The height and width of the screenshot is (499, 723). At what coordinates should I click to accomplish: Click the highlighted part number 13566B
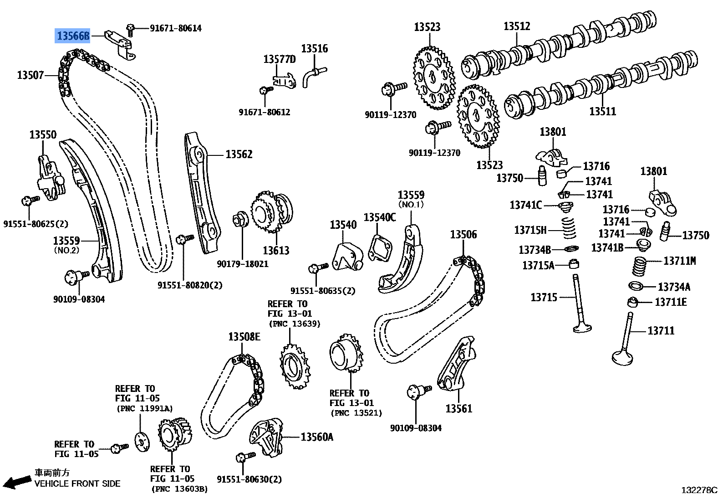(x=73, y=36)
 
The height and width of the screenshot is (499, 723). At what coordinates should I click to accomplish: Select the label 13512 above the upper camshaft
(x=517, y=26)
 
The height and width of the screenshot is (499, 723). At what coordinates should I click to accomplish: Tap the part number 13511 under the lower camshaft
(x=602, y=111)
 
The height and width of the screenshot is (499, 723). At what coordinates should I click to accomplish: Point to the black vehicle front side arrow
(x=16, y=482)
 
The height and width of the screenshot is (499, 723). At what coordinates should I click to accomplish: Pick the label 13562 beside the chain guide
(x=239, y=154)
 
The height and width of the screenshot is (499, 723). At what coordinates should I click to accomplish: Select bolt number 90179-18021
(x=243, y=264)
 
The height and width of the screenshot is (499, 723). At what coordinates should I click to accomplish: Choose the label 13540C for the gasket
(x=380, y=217)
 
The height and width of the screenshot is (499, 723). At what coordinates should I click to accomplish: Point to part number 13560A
(x=317, y=437)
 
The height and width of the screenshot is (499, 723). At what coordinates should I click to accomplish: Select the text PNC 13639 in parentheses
(x=294, y=324)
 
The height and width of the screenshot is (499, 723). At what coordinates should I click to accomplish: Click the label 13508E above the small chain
(x=244, y=337)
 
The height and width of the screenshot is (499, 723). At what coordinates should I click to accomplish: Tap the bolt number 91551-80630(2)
(x=249, y=479)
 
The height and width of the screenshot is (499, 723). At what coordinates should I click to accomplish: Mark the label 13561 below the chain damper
(x=458, y=408)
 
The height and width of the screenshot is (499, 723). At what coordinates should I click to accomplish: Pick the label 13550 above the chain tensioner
(x=43, y=134)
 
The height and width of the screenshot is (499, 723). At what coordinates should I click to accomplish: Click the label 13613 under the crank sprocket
(x=276, y=250)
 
